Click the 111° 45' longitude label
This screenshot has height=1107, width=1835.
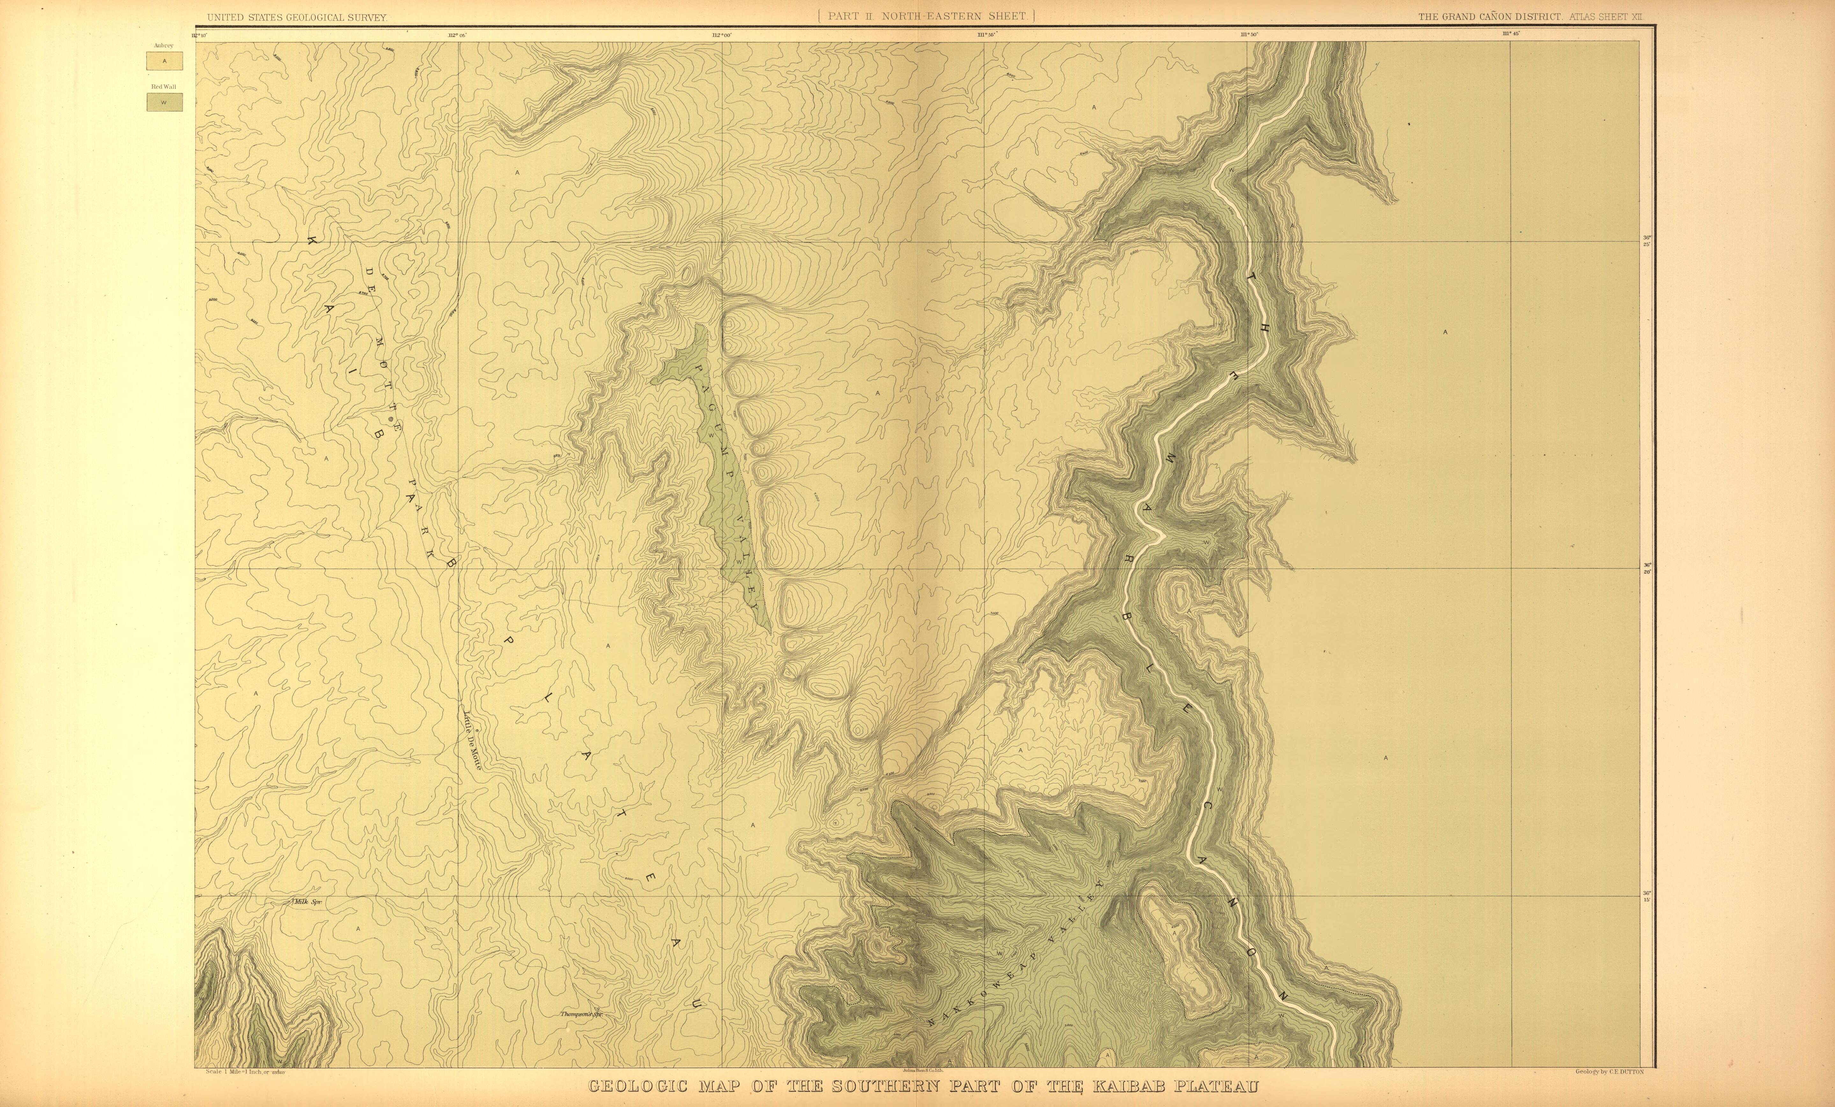pos(1510,33)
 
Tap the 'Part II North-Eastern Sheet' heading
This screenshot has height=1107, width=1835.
pos(926,16)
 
